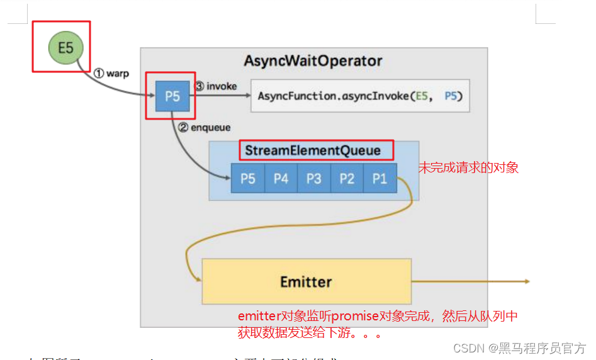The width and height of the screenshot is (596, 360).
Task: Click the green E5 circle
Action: point(65,47)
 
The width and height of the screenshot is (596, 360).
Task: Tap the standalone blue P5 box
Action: point(172,96)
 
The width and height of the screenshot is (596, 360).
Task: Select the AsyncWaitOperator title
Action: point(313,61)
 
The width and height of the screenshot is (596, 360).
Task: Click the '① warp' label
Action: point(111,74)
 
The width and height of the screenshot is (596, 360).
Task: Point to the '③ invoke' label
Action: point(216,86)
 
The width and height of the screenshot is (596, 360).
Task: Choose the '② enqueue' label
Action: point(205,127)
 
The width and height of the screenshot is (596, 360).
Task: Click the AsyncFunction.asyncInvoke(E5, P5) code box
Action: point(360,96)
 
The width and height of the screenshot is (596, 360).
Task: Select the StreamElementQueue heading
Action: point(313,150)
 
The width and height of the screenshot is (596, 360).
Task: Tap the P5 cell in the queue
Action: point(248,179)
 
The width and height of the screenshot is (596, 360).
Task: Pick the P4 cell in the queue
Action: point(281,179)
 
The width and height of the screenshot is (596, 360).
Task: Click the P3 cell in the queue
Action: point(313,179)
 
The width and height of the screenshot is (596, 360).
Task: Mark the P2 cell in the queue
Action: point(347,179)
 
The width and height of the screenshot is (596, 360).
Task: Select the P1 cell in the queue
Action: point(380,179)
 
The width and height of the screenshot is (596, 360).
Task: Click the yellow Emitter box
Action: point(306,281)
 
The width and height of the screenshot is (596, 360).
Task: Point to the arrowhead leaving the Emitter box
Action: point(526,281)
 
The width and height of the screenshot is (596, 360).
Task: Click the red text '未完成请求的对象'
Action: point(469,168)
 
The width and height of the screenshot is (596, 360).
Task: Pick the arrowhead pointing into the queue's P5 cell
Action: point(227,179)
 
